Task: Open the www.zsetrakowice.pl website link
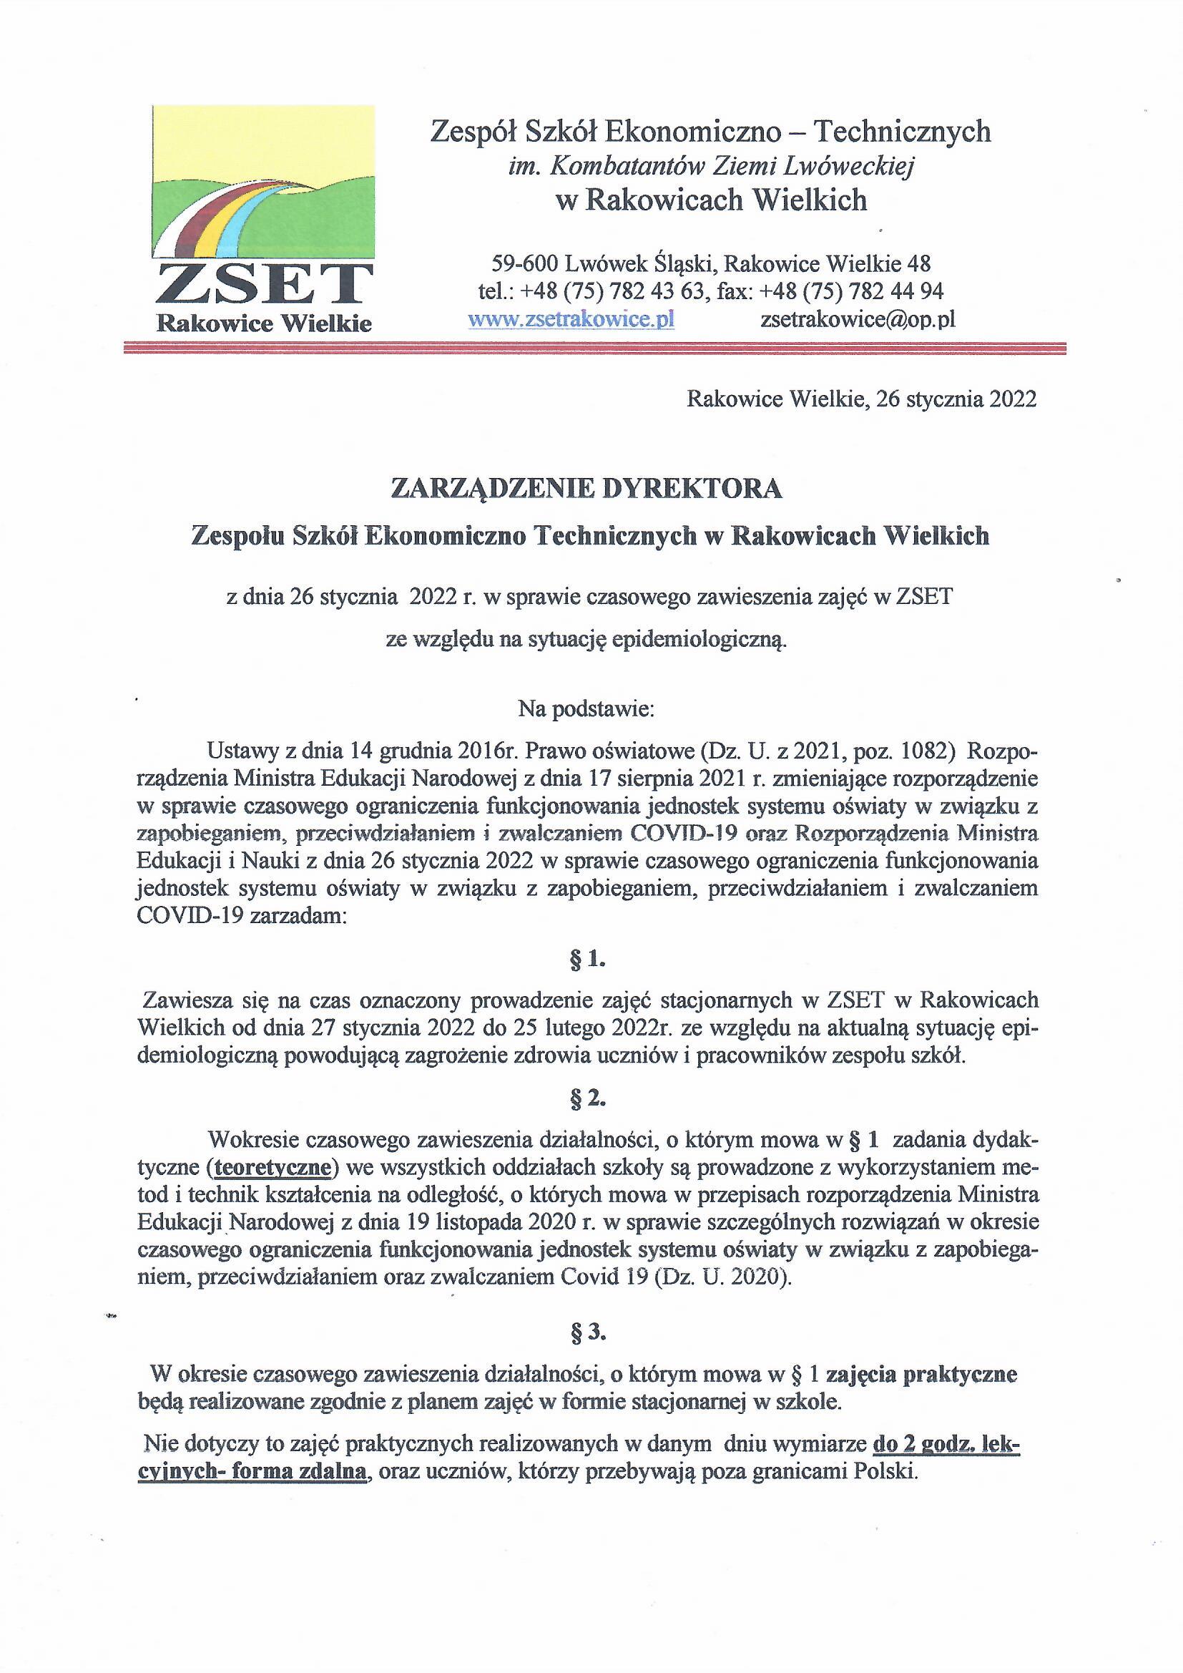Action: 571,319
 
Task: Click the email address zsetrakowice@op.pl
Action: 858,319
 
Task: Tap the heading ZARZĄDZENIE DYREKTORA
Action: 586,489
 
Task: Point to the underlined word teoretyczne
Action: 272,1166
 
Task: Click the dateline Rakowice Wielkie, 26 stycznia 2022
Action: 861,399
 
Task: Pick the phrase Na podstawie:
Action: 586,709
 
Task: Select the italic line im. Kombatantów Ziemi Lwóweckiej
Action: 710,167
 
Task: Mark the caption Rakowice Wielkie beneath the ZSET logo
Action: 265,323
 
